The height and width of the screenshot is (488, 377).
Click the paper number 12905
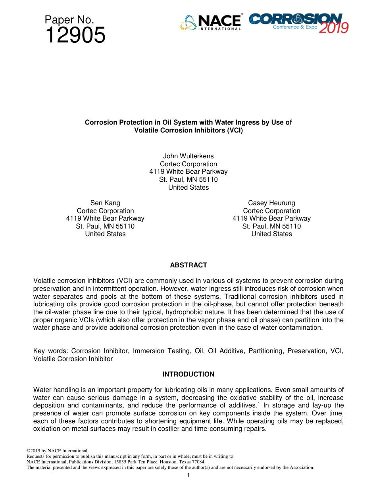point(75,36)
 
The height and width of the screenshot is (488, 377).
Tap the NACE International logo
point(211,22)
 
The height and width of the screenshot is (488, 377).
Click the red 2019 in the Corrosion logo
point(333,28)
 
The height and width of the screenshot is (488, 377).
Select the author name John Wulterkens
point(188,156)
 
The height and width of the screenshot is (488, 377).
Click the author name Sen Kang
point(105,203)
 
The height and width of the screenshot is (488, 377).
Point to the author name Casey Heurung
point(271,203)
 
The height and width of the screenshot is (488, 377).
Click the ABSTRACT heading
point(188,265)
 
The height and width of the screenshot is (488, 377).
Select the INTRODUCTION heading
point(188,374)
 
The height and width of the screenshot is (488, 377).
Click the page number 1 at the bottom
point(188,475)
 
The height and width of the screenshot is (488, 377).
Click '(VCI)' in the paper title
point(233,130)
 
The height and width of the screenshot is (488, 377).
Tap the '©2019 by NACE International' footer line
point(57,451)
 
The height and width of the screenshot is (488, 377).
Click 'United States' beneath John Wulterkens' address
point(188,188)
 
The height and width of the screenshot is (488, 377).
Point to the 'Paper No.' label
point(69,20)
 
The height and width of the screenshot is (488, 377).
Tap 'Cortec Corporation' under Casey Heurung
point(271,211)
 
